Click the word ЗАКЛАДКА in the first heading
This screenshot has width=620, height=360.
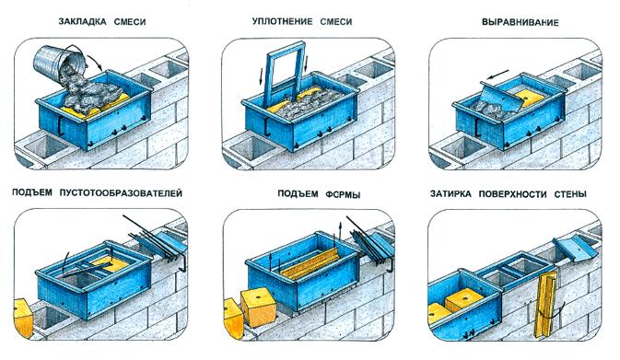point(82,22)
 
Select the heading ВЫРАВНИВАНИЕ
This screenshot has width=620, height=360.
point(520,22)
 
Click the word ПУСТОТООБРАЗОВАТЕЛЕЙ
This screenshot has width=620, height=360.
point(121,193)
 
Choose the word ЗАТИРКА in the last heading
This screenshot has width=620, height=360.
point(450,194)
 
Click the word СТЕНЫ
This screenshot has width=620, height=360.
point(569,194)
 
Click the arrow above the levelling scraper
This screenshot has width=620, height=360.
point(497,75)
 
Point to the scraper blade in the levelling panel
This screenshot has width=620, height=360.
point(502,98)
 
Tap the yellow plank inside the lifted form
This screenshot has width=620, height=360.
point(310,264)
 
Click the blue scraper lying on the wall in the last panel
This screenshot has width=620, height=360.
point(575,249)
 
